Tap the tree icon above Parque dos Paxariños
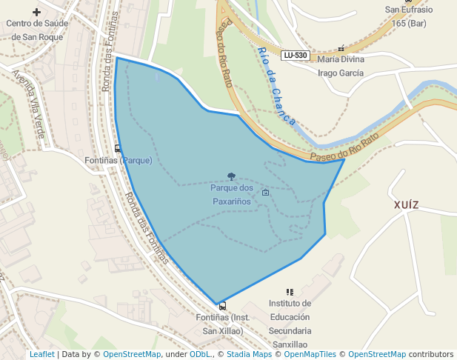pyautogui.click(x=232, y=177)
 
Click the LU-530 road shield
pyautogui.click(x=296, y=56)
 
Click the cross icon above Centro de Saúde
pyautogui.click(x=36, y=12)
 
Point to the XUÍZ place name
pyautogui.click(x=407, y=204)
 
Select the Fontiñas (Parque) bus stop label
pyautogui.click(x=119, y=160)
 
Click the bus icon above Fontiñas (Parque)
pyautogui.click(x=118, y=149)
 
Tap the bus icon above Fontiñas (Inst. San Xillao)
pyautogui.click(x=222, y=306)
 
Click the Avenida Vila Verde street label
pyautogui.click(x=29, y=103)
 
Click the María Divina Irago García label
pyautogui.click(x=340, y=66)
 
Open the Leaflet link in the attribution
pyautogui.click(x=41, y=354)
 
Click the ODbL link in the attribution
pyautogui.click(x=200, y=354)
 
